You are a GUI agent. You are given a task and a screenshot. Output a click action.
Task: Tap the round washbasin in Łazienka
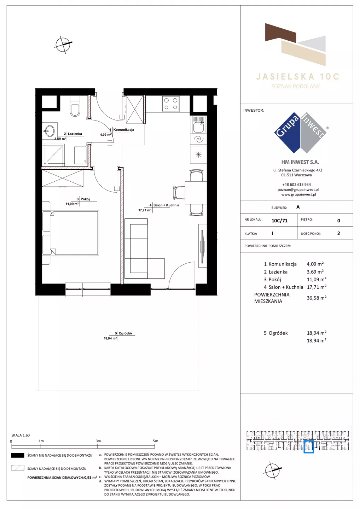pos(49,131)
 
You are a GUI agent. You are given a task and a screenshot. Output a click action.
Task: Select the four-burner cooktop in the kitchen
pos(171,104)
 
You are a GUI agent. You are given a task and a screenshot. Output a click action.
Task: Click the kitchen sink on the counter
pos(199,124)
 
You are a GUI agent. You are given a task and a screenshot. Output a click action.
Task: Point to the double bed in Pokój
pos(70,233)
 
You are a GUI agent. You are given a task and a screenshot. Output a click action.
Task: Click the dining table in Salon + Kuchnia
pos(196,193)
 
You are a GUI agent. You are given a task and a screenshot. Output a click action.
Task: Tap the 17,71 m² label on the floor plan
pos(145,210)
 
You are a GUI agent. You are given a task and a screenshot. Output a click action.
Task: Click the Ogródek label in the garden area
pos(126,333)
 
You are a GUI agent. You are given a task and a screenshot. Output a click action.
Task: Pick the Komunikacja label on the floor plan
pos(124,129)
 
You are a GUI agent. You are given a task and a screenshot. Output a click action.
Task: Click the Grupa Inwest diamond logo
pos(300,133)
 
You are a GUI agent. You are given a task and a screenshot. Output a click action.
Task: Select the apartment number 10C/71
pos(279,221)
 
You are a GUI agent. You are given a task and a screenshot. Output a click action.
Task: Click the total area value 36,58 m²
pos(317,298)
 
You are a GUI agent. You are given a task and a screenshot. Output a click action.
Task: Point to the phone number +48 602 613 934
pos(297,185)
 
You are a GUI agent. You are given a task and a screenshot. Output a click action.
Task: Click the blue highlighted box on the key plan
pos(309,446)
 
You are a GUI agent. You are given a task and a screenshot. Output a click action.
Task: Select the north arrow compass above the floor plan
pos(63,45)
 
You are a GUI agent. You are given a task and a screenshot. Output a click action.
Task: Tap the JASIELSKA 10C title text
pos(297,77)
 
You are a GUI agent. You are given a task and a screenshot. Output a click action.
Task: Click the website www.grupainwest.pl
pos(298,194)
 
